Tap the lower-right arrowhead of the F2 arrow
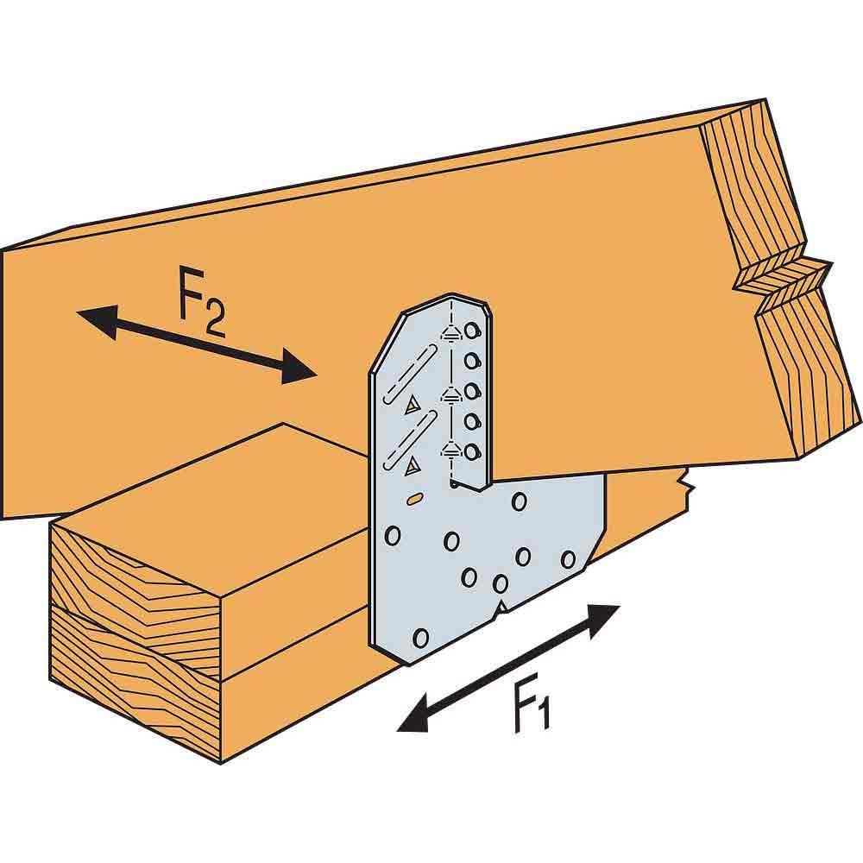[x=302, y=372]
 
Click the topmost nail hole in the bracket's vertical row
[x=471, y=331]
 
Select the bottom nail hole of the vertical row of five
[x=471, y=450]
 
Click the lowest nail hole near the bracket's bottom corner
[x=421, y=638]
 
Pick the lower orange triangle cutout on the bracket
[x=413, y=466]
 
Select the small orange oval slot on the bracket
[x=414, y=498]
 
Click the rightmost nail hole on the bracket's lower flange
[x=568, y=559]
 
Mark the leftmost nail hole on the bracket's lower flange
[x=392, y=535]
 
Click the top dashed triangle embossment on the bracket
[x=448, y=333]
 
